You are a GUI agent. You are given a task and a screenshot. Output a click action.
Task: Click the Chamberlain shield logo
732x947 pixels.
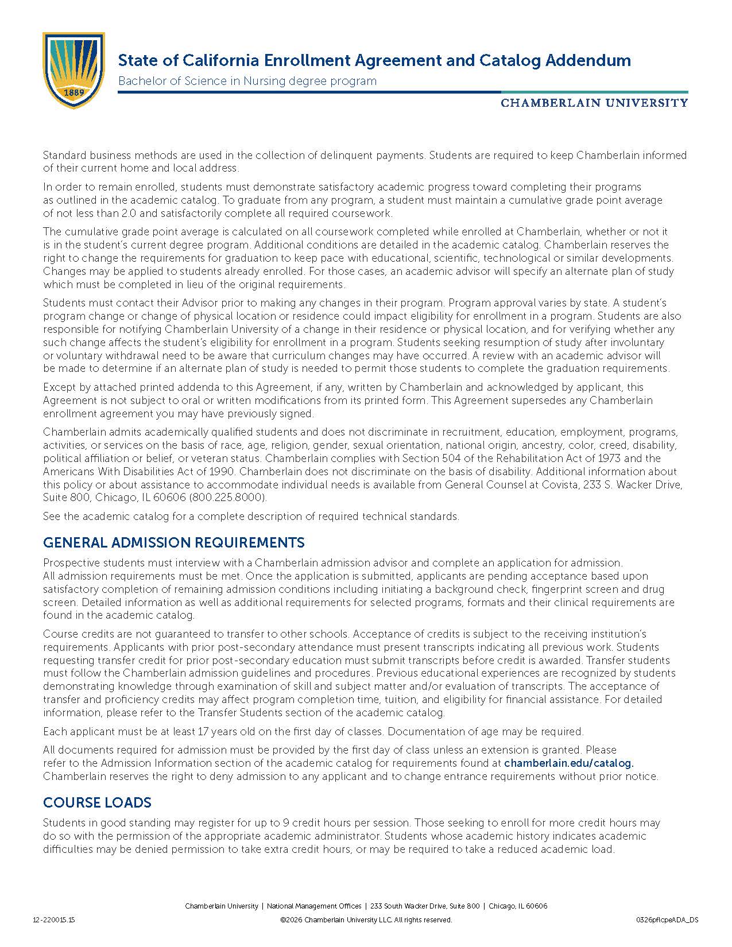[x=73, y=70]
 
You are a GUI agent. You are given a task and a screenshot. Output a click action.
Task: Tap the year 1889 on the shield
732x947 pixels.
[x=73, y=92]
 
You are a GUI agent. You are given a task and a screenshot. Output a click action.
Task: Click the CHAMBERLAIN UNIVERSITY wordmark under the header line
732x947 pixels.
[x=594, y=103]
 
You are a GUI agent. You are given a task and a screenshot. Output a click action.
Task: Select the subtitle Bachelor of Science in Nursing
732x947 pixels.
[x=247, y=81]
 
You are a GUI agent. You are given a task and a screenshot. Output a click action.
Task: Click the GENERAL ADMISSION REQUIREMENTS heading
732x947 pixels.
[x=173, y=543]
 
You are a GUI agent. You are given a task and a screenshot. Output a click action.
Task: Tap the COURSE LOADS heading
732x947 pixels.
[x=97, y=803]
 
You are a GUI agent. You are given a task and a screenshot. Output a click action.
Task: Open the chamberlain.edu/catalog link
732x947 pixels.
[x=568, y=763]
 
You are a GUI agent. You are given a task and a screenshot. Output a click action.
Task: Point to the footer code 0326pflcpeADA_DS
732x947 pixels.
[x=667, y=920]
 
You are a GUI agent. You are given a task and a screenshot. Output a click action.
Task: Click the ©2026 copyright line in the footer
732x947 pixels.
[x=366, y=920]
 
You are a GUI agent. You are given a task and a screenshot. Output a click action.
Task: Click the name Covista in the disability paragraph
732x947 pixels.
[x=586, y=485]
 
